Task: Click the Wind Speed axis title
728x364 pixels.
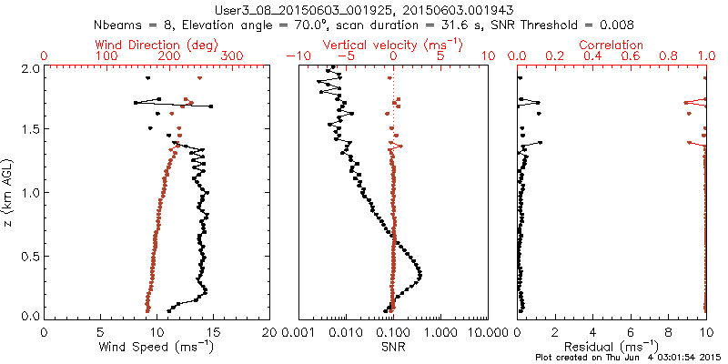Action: click(157, 347)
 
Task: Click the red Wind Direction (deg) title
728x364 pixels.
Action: click(157, 45)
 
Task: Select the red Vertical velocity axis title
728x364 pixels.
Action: click(393, 45)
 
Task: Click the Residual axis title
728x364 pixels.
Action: click(612, 347)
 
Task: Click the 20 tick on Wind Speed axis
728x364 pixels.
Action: click(270, 332)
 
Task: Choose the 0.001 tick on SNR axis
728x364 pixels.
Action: click(298, 332)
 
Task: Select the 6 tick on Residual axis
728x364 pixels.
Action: click(631, 332)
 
